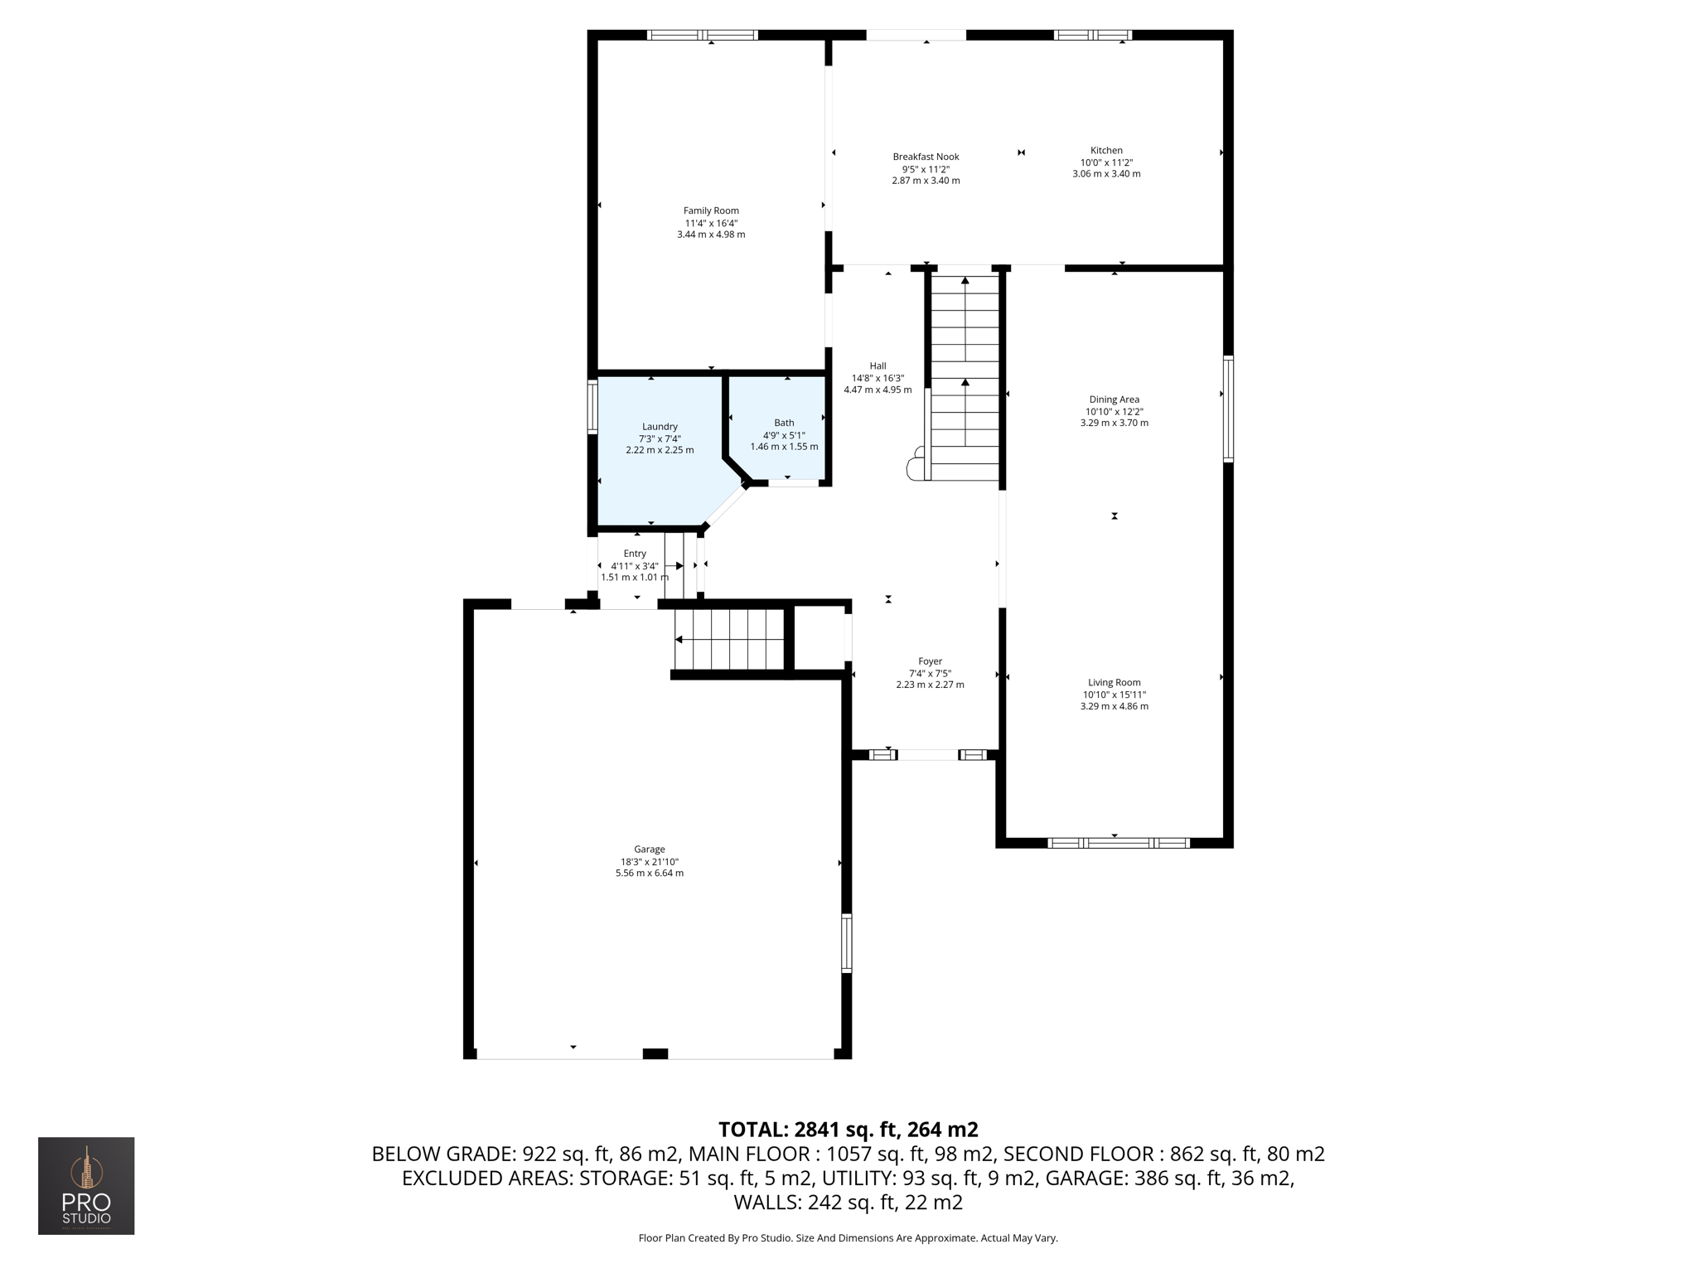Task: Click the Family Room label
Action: tap(711, 211)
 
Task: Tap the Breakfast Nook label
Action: tap(926, 157)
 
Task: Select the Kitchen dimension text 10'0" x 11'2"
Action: tap(1106, 162)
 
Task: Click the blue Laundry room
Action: tap(655, 481)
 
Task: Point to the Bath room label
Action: tap(784, 423)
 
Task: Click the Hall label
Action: tap(878, 365)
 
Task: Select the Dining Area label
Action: tap(1114, 399)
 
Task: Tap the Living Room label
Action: tap(1114, 683)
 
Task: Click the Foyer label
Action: tap(930, 661)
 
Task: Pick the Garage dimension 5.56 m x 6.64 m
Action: tap(649, 873)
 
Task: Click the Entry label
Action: tap(635, 554)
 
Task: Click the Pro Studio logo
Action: tap(86, 1185)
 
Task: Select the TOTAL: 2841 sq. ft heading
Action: tap(848, 1130)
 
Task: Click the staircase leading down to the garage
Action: tap(729, 639)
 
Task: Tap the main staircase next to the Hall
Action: tap(965, 377)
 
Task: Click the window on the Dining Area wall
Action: tap(1228, 409)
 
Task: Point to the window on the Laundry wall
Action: tap(592, 406)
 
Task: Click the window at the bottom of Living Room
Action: tap(1118, 843)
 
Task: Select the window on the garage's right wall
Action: tap(846, 942)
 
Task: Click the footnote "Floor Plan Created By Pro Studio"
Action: tap(848, 1238)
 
